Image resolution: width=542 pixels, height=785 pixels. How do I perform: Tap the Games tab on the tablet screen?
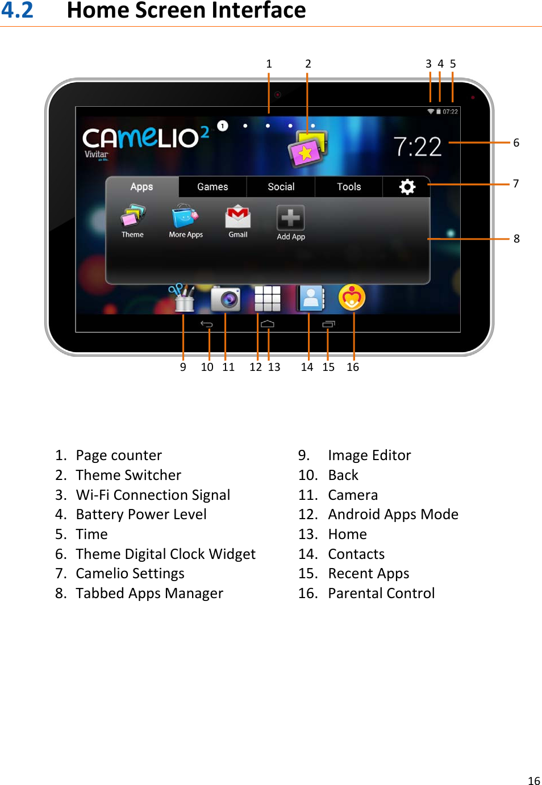coord(212,187)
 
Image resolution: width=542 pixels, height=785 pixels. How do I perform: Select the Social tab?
coord(281,187)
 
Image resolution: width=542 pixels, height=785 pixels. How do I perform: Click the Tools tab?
coord(349,187)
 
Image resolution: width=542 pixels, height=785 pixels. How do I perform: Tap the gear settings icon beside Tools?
coord(407,187)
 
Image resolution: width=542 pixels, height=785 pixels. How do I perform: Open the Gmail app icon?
coord(238,218)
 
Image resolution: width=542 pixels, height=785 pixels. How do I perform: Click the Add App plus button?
coord(290,218)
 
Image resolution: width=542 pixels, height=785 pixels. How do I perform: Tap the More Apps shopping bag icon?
coord(185,217)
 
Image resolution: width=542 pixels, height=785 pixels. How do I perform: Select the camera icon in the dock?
coord(226,299)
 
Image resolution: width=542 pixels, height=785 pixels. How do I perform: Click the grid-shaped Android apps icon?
coord(268,299)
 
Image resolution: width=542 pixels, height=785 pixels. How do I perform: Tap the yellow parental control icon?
coord(352,298)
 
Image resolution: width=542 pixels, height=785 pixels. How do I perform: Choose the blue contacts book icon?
coord(311,299)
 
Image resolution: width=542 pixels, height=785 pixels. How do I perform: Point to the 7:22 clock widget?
coord(418,147)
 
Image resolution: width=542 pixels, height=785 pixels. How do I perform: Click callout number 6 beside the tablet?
coord(516,143)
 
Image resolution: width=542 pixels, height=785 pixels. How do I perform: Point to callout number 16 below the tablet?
coord(353,368)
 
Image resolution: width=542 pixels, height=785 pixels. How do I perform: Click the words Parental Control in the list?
coord(381,594)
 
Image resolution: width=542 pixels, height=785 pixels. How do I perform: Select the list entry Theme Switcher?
coord(128,475)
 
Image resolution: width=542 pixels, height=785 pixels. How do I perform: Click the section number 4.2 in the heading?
coord(18,10)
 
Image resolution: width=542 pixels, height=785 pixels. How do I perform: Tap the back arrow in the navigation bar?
coord(207,324)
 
